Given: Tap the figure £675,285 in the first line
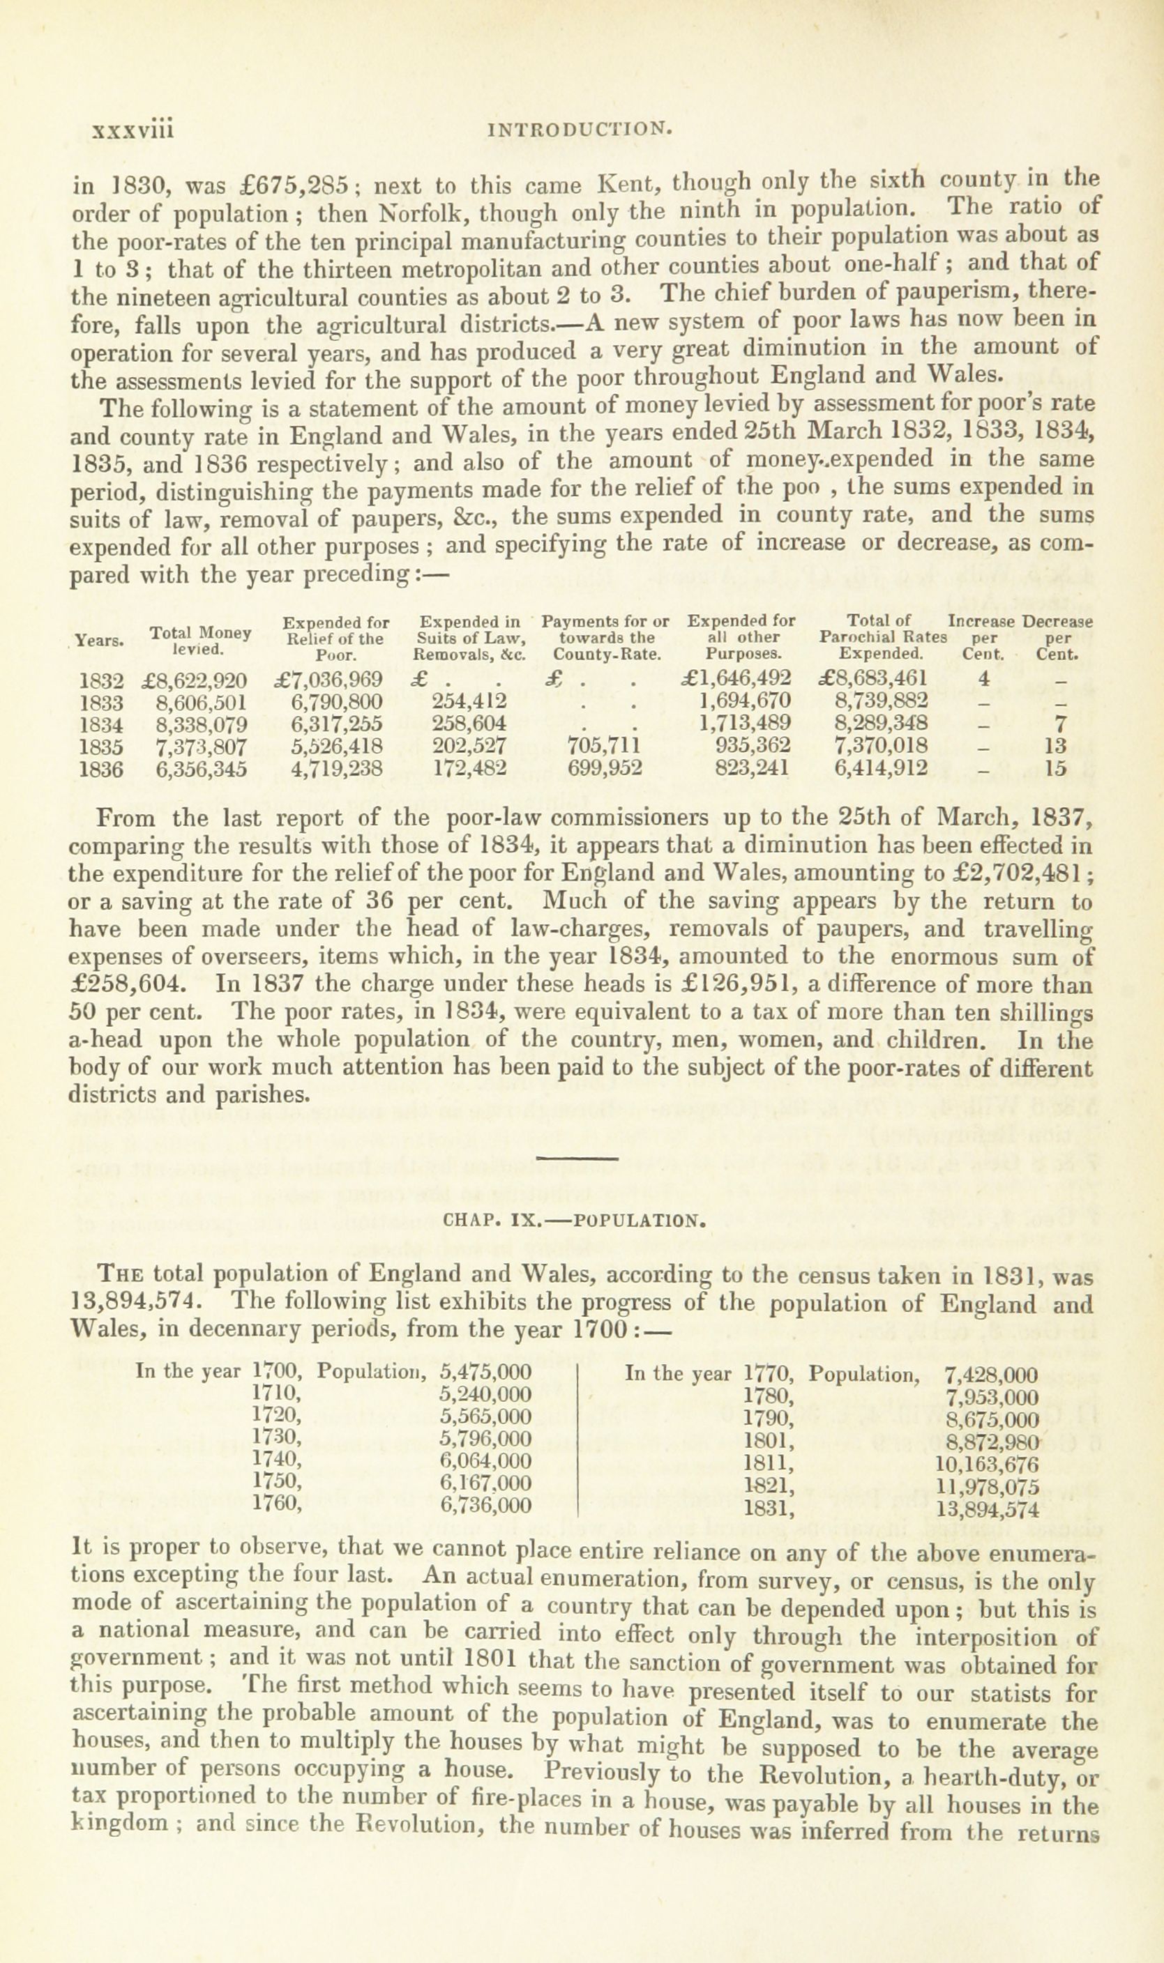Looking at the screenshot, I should coord(302,186).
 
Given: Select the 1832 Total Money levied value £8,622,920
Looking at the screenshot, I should coord(195,679).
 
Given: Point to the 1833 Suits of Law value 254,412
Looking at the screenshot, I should coord(469,700).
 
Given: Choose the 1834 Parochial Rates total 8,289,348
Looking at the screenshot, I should coord(882,723).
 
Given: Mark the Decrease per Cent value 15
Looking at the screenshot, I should coord(1056,769).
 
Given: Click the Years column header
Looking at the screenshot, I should coord(100,641).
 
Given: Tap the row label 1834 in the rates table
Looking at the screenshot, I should coord(102,723).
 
